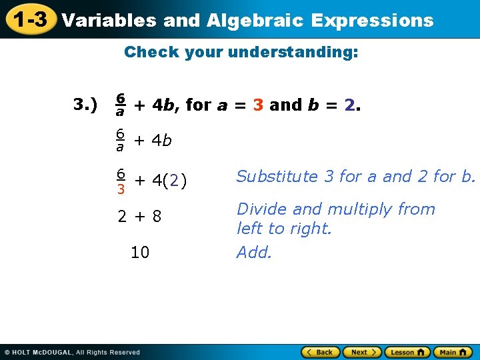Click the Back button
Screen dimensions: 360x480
(320, 352)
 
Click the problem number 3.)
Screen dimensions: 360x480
(85, 105)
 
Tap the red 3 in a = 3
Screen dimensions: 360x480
(259, 105)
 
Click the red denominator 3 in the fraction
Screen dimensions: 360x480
(121, 189)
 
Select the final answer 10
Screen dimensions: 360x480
(140, 253)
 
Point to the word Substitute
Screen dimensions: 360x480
(277, 177)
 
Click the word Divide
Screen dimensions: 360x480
(260, 209)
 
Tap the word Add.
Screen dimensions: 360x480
(254, 253)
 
